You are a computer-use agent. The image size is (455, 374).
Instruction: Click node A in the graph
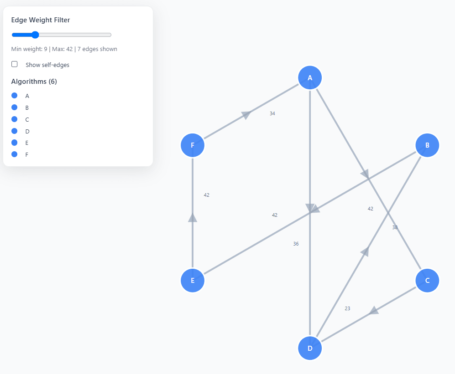point(310,77)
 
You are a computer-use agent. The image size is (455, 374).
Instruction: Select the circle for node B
point(427,145)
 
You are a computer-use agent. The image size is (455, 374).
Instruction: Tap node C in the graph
point(427,280)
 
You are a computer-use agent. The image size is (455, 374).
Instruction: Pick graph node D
point(310,348)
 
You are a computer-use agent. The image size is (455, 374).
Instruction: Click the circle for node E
point(193,280)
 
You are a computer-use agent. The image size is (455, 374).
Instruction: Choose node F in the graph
point(193,145)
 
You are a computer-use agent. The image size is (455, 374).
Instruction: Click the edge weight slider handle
point(35,35)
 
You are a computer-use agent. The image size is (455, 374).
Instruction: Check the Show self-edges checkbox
point(15,64)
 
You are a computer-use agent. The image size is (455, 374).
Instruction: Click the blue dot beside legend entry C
point(15,119)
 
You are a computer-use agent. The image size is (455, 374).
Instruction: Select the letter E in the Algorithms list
point(27,143)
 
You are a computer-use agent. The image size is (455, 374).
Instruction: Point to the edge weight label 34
point(272,113)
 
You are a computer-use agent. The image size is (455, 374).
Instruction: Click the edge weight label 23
point(347,308)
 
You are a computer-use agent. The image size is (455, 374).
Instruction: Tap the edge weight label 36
point(296,244)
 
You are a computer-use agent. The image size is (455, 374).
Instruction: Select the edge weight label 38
point(395,227)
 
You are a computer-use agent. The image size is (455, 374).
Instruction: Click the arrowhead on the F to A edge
point(246,115)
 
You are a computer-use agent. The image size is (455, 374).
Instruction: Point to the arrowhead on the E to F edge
point(193,218)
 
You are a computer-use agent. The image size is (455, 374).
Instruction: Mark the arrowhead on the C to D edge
point(374,311)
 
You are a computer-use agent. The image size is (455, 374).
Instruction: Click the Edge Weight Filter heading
point(41,20)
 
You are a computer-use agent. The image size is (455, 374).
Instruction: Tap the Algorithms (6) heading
point(34,82)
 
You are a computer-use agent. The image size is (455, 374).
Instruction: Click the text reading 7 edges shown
point(97,49)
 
